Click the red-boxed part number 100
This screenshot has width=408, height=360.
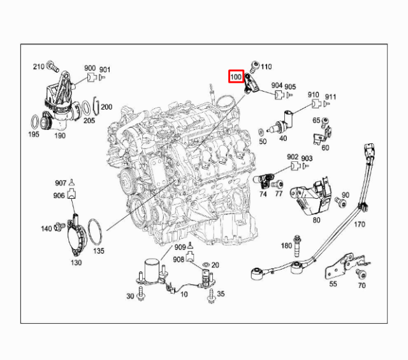236,77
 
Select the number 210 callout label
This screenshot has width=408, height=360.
38,66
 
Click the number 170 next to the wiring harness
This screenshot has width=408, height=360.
360,224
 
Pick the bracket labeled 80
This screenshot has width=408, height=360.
312,196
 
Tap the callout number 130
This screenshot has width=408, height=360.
76,263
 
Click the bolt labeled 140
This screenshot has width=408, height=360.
58,226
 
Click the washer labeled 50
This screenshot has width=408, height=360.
263,132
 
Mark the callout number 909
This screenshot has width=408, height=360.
180,247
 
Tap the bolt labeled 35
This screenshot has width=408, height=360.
210,294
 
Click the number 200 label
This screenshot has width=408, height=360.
106,107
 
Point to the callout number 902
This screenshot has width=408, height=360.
292,157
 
